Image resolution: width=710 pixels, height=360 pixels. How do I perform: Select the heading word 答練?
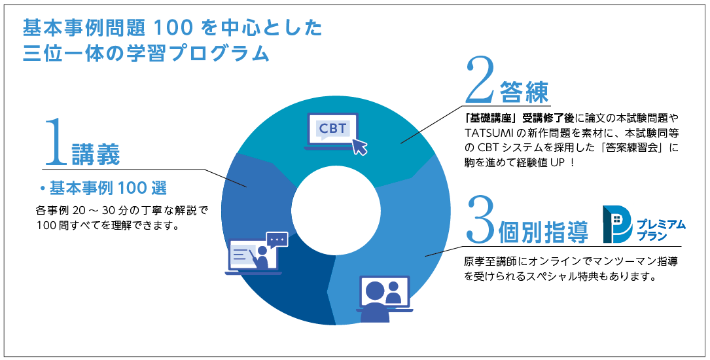(x=524, y=92)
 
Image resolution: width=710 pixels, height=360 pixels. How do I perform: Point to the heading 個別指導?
(x=542, y=232)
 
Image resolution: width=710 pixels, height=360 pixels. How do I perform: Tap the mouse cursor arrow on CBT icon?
(x=359, y=146)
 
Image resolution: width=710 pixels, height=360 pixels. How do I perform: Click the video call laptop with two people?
(x=385, y=298)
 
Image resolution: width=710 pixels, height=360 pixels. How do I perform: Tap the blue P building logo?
(x=616, y=223)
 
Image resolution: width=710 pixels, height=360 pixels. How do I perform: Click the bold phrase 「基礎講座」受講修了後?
(x=518, y=118)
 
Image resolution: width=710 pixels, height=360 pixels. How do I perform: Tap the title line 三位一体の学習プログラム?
(x=145, y=53)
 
